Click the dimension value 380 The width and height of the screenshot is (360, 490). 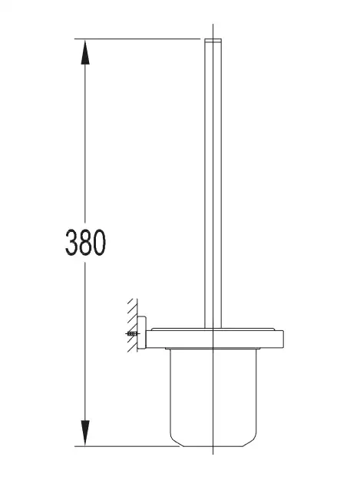click(85, 242)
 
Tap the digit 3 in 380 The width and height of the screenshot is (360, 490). click(71, 242)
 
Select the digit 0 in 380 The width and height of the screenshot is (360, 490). click(100, 242)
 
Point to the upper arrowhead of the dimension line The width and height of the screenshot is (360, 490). click(85, 52)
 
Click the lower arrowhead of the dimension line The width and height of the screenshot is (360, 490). click(85, 433)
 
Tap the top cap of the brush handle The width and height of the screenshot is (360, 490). click(213, 40)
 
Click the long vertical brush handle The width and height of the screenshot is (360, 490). click(213, 184)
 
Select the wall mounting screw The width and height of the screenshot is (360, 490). click(132, 334)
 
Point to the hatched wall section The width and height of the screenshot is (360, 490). click(132, 325)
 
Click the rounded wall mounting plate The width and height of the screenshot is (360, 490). click(142, 333)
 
